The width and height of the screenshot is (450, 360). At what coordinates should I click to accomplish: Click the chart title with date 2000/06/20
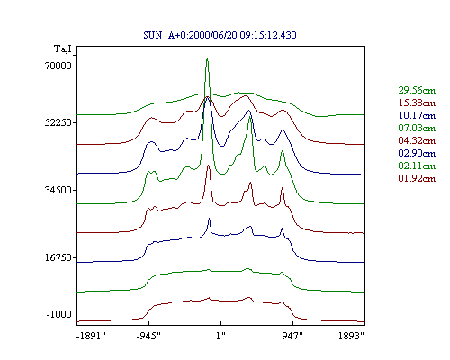[220, 35]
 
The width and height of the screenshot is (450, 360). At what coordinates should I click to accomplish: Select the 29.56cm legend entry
[417, 90]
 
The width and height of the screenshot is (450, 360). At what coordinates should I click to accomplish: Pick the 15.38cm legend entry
[417, 103]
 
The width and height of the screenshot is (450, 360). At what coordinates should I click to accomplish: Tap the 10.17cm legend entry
[417, 115]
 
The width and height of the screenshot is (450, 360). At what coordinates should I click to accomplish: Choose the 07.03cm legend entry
[417, 128]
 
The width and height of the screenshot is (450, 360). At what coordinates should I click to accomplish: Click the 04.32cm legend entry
[417, 140]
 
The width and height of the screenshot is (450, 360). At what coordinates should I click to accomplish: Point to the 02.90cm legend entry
[417, 153]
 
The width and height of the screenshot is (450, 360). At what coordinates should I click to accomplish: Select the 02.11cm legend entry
[417, 166]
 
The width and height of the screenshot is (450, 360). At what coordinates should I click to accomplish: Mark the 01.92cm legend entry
[417, 178]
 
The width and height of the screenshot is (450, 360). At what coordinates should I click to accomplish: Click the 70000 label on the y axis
[58, 66]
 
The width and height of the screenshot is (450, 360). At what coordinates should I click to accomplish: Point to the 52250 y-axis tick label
[58, 122]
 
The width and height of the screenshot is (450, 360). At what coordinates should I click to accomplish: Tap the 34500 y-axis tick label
[58, 190]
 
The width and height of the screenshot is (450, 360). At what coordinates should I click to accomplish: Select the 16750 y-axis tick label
[58, 257]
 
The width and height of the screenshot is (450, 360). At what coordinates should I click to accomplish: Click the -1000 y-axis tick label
[59, 314]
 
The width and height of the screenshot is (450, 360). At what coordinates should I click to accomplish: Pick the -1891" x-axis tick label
[92, 336]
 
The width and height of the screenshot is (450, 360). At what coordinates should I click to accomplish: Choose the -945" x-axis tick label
[148, 336]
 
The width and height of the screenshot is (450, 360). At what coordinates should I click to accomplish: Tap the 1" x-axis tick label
[220, 336]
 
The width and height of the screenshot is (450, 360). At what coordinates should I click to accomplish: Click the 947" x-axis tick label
[292, 336]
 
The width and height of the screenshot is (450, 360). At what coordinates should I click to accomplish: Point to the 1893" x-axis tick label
[351, 336]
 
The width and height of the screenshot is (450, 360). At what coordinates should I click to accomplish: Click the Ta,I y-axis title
[63, 49]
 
